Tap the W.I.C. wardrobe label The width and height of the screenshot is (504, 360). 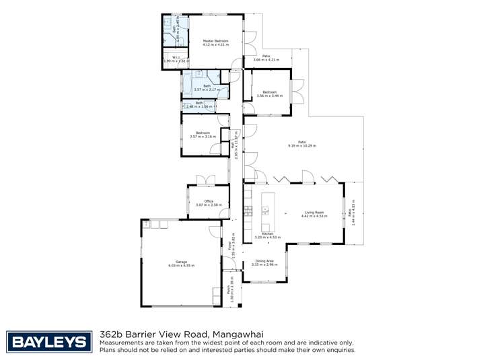pyautogui.click(x=175, y=57)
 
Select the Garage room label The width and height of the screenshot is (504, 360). pyautogui.click(x=181, y=262)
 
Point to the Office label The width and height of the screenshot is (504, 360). pyautogui.click(x=209, y=201)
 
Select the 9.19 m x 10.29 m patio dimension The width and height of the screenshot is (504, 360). pyautogui.click(x=302, y=145)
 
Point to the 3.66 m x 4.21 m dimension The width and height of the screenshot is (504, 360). pyautogui.click(x=266, y=60)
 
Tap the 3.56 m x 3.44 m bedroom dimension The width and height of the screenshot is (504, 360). pyautogui.click(x=270, y=96)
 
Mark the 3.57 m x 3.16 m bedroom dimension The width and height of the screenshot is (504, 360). pyautogui.click(x=203, y=137)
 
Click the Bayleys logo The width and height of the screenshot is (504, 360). pyautogui.click(x=48, y=342)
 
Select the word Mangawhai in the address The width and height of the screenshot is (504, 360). pyautogui.click(x=239, y=334)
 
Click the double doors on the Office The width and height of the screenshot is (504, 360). pyautogui.click(x=205, y=180)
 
